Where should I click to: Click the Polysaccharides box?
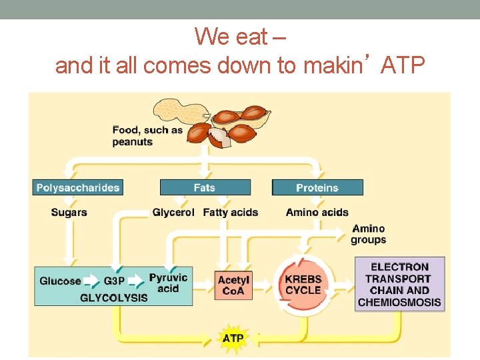78,188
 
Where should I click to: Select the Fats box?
205,188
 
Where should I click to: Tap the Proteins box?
317,188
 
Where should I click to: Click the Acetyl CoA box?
233,286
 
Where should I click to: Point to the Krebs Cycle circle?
303,285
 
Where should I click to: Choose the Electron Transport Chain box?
399,285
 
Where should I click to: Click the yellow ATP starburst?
233,338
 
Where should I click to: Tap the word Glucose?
60,281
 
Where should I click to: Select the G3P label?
114,281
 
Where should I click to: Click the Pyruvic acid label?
168,283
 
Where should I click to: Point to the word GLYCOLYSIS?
114,297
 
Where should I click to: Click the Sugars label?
69,213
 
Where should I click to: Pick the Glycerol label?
173,213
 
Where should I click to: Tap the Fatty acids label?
231,213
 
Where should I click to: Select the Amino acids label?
317,213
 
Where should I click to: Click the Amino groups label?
369,234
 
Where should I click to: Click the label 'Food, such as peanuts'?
147,135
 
